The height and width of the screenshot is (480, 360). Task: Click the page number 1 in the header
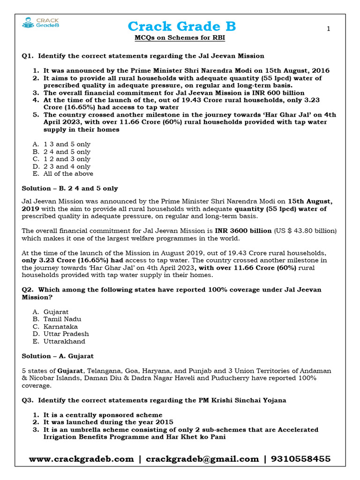[x=329, y=29]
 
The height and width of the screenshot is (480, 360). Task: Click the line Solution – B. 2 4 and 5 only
[x=70, y=188]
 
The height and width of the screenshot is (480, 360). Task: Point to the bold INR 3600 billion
[x=243, y=231]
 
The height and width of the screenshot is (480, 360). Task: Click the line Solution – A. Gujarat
[x=58, y=356]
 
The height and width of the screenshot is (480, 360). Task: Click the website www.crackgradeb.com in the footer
[x=81, y=459]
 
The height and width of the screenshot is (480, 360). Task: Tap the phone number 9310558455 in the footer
[x=298, y=459]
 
